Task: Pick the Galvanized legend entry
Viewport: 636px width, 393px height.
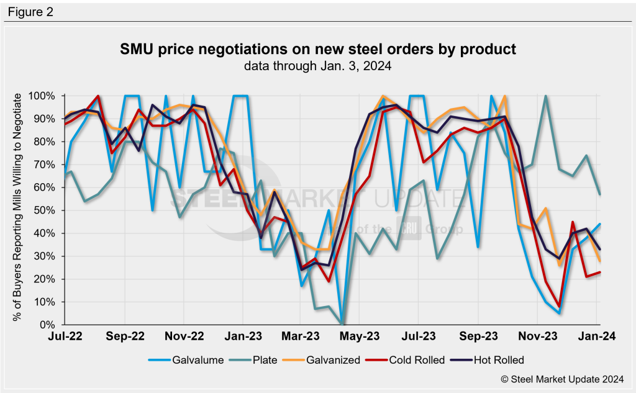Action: coord(329,359)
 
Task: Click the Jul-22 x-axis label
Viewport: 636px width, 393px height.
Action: coord(66,337)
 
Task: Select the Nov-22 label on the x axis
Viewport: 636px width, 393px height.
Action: coord(184,337)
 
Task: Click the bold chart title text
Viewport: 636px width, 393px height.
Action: coord(317,49)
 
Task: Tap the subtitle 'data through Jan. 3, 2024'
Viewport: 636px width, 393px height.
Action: coord(317,66)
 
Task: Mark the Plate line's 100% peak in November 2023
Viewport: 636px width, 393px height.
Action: coord(545,96)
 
